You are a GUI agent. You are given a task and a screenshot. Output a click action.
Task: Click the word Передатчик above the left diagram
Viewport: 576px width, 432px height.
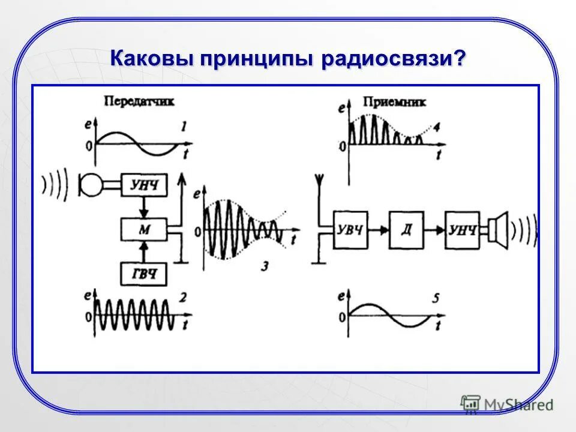pos(139,101)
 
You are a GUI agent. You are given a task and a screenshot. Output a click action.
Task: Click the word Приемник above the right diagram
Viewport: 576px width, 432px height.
pos(394,102)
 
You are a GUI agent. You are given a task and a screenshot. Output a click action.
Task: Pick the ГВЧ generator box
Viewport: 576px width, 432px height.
pos(145,274)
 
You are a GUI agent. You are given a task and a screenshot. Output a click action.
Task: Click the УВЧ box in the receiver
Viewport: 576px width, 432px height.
pos(350,229)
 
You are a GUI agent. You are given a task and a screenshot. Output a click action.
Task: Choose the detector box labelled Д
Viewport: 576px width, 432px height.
pos(407,229)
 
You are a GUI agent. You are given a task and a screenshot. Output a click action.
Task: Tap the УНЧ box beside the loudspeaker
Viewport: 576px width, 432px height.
pos(463,229)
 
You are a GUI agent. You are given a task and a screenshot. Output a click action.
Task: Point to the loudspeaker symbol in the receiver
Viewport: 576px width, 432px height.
pos(498,229)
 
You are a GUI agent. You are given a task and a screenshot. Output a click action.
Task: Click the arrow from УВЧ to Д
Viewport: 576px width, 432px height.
pos(378,229)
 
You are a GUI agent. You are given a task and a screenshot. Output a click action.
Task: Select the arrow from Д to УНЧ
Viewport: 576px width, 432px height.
pos(435,229)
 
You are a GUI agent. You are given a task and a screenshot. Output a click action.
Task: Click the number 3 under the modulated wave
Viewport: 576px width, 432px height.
pos(265,266)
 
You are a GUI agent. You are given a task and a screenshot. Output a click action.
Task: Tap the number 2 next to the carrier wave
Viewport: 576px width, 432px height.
pos(183,296)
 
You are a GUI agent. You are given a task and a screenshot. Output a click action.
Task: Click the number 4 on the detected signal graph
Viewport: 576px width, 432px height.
pos(436,127)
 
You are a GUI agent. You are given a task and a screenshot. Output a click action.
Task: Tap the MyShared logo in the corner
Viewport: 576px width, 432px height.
pos(508,404)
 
